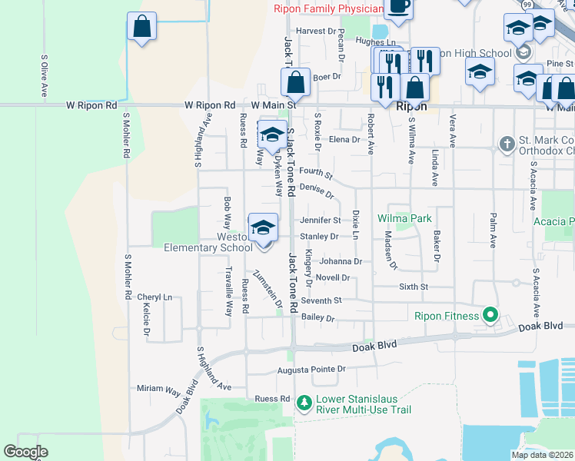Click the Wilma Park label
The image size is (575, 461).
pyautogui.click(x=404, y=218)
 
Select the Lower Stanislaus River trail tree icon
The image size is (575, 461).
pyautogui.click(x=304, y=402)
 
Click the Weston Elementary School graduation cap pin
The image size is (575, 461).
pyautogui.click(x=263, y=227)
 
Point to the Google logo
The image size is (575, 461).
pyautogui.click(x=25, y=452)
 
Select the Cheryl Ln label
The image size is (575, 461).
pyautogui.click(x=155, y=297)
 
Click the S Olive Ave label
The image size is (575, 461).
pyautogui.click(x=45, y=75)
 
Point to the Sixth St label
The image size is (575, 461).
pyautogui.click(x=413, y=287)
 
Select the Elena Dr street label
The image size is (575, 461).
pyautogui.click(x=344, y=139)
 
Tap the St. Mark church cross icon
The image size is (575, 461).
pyautogui.click(x=507, y=144)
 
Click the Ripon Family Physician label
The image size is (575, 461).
pyautogui.click(x=328, y=9)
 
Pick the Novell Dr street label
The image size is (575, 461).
pyautogui.click(x=333, y=277)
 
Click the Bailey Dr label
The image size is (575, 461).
pyautogui.click(x=318, y=317)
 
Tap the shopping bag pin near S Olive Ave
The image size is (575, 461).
pyautogui.click(x=141, y=26)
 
